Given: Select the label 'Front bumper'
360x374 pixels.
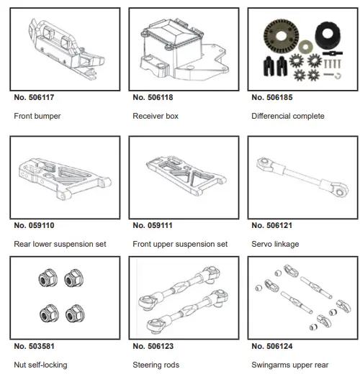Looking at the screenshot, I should click(x=37, y=116).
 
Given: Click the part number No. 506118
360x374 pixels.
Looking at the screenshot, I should click(x=156, y=97).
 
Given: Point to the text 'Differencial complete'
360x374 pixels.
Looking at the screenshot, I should click(x=288, y=116).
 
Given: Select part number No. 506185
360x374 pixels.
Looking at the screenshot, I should click(x=274, y=97).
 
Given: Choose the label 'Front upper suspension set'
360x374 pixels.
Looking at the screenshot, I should click(x=180, y=245).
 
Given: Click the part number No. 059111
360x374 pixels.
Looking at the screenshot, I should click(x=156, y=226).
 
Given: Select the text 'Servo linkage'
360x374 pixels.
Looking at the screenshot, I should click(x=276, y=245).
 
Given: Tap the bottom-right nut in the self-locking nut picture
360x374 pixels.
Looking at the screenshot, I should click(x=73, y=315).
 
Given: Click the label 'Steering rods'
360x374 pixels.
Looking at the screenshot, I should click(x=156, y=365).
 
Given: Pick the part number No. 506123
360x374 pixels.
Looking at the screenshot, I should click(x=156, y=347).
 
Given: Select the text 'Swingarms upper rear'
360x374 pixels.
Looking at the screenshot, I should click(x=290, y=365).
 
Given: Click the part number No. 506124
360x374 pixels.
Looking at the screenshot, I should click(x=274, y=347).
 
